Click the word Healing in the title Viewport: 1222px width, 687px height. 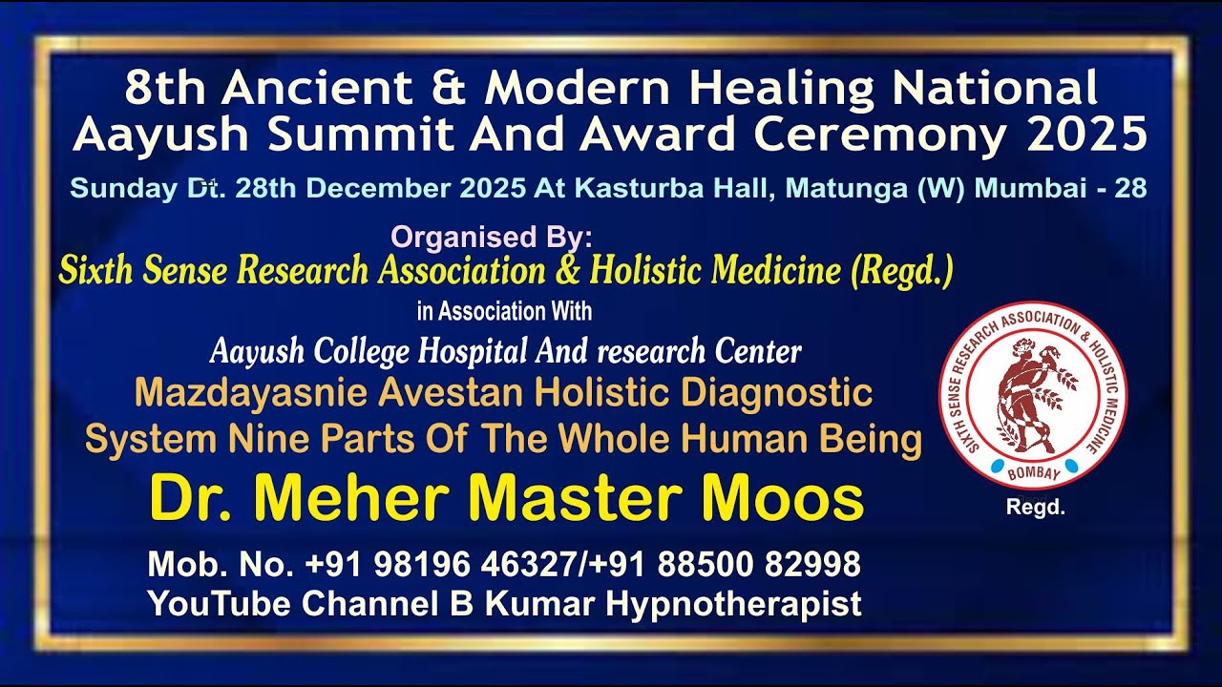click(x=782, y=90)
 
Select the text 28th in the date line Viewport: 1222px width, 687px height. click(x=268, y=188)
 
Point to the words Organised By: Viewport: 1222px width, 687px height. click(x=493, y=237)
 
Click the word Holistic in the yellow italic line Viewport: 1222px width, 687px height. click(x=645, y=272)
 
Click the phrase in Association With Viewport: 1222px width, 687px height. click(x=504, y=311)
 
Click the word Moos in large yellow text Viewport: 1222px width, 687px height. click(x=785, y=498)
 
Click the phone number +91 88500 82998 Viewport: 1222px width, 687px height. click(x=726, y=565)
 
